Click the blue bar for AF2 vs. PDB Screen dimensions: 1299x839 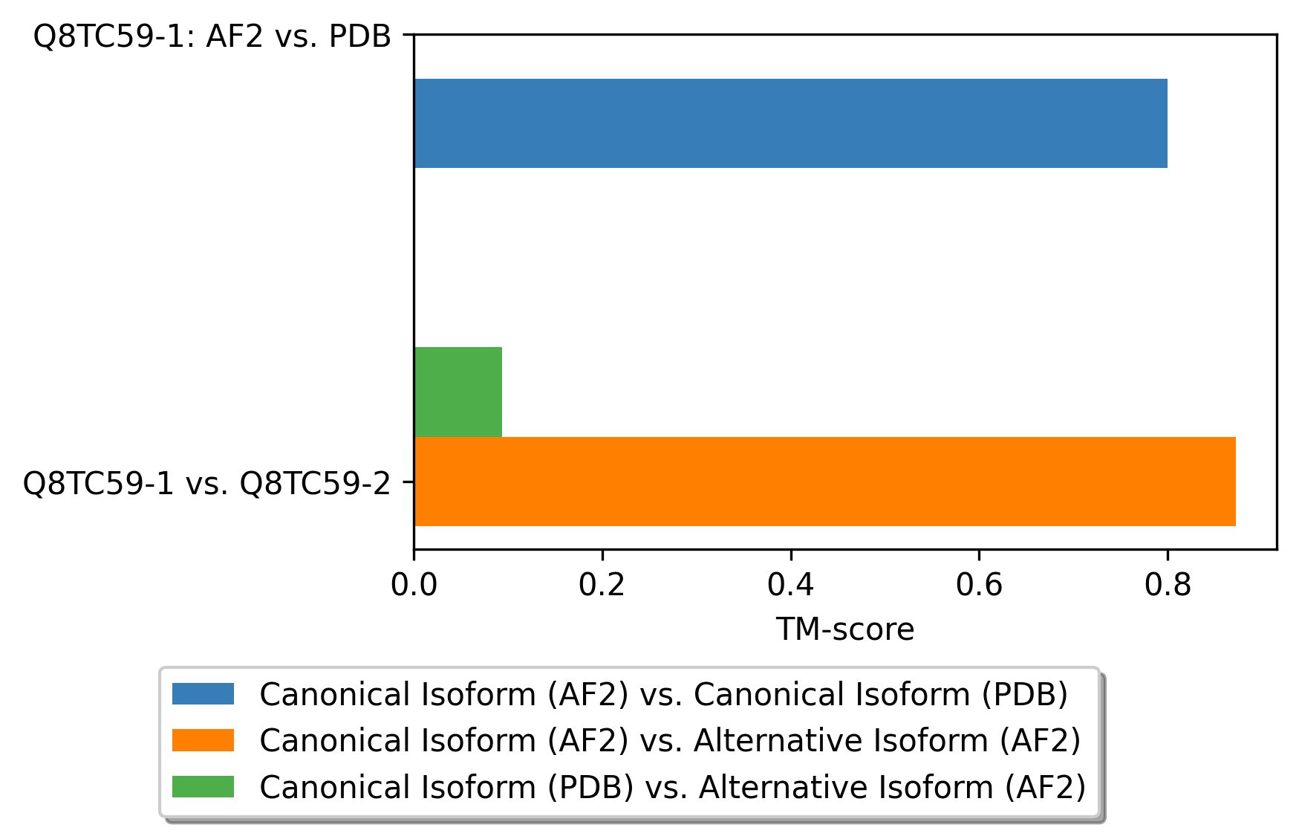point(790,123)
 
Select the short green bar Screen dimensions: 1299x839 point(458,392)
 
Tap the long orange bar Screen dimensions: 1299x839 point(825,482)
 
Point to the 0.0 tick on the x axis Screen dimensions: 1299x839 point(414,586)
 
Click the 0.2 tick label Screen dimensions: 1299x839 point(602,586)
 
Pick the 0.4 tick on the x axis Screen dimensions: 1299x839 point(791,586)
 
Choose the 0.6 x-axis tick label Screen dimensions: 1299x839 point(979,586)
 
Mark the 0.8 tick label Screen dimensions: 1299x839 point(1168,586)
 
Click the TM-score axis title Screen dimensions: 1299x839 point(845,629)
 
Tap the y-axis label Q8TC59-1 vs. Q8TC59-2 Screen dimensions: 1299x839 point(207,484)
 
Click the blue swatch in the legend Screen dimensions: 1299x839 point(203,693)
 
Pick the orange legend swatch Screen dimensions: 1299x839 point(203,740)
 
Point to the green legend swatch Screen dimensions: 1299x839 point(203,786)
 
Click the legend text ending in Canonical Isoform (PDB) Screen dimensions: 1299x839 point(664,694)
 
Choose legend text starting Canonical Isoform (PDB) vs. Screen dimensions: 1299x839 point(673,787)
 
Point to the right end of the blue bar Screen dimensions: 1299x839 point(1168,123)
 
